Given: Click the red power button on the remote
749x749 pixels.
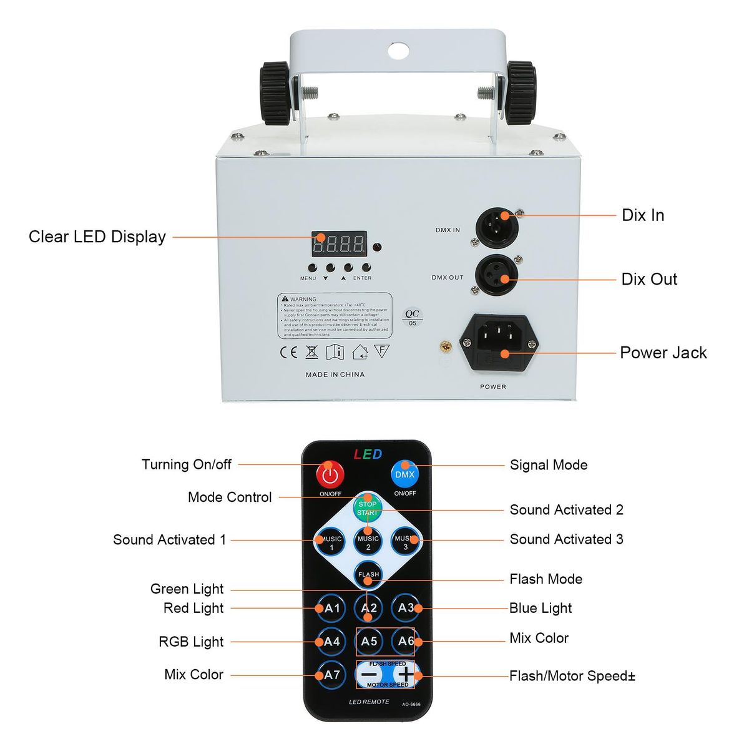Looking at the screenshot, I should [330, 475].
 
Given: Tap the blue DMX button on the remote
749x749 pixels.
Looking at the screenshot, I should [404, 474].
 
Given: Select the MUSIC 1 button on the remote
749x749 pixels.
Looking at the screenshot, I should [331, 542].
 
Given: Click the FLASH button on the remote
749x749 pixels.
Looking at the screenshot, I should [368, 574].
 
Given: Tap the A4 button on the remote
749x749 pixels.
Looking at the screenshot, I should [331, 641].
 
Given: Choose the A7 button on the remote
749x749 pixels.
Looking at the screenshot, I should [331, 675].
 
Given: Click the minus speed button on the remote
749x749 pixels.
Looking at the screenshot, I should [370, 675].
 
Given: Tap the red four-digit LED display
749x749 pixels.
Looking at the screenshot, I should [338, 244].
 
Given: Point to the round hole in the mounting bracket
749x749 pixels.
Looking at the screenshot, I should [398, 50].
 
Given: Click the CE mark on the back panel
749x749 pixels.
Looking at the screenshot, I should [288, 352].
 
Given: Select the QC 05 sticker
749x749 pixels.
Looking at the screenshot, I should [412, 318].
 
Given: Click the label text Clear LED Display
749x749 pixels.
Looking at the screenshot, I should [97, 237].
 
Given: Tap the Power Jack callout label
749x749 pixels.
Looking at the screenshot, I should [663, 353].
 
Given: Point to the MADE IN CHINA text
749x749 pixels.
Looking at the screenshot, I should [335, 374].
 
